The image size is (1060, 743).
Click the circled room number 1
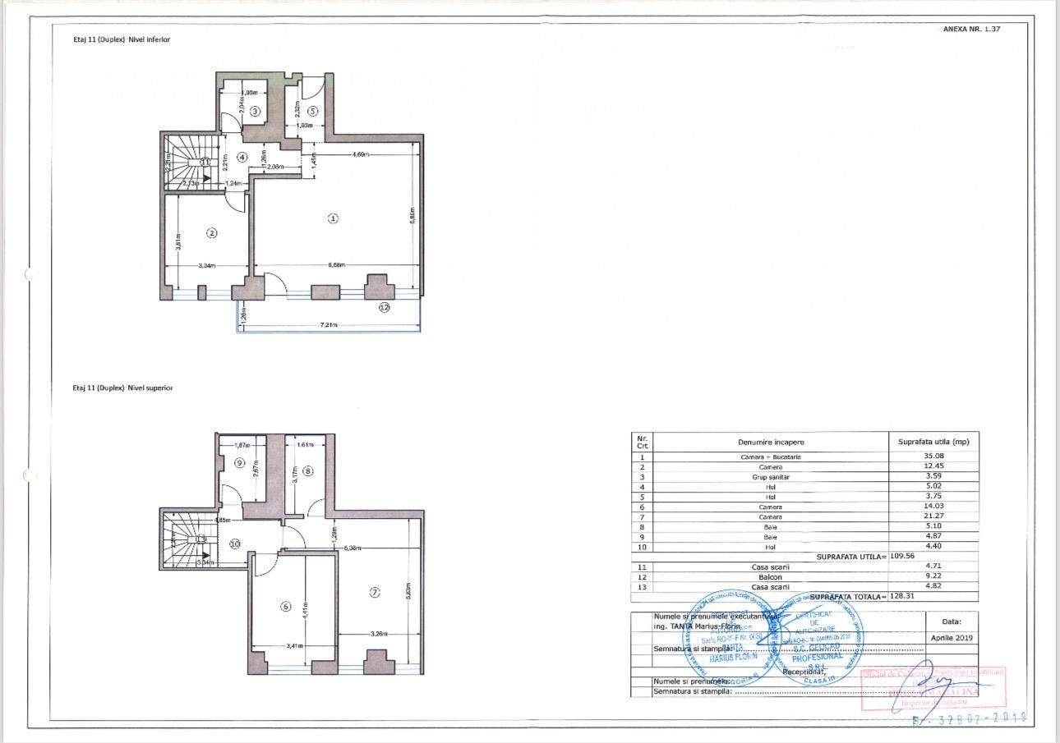tap(333, 218)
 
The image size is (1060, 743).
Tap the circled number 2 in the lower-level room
tap(212, 233)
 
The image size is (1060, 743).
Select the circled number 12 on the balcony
tap(384, 307)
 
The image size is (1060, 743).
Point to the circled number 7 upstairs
tap(375, 592)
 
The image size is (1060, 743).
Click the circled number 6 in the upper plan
tap(286, 607)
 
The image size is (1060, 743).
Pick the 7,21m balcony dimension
tap(329, 325)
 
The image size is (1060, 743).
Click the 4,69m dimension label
tap(360, 154)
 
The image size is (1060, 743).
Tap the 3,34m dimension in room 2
tap(207, 266)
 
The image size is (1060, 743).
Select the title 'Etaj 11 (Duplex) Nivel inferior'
tap(122, 39)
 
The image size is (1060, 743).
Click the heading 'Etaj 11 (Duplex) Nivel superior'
tap(123, 388)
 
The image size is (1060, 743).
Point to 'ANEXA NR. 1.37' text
tap(971, 29)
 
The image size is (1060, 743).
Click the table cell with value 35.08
tap(933, 456)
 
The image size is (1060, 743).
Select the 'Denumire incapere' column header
tap(771, 443)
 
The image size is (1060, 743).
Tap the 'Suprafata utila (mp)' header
tap(933, 443)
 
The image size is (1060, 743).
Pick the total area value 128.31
tap(905, 596)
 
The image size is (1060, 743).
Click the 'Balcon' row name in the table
tap(770, 577)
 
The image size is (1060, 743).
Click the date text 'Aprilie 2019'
tap(952, 638)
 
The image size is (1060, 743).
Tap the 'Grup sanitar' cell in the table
tap(770, 477)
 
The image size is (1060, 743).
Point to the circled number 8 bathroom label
tap(308, 471)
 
